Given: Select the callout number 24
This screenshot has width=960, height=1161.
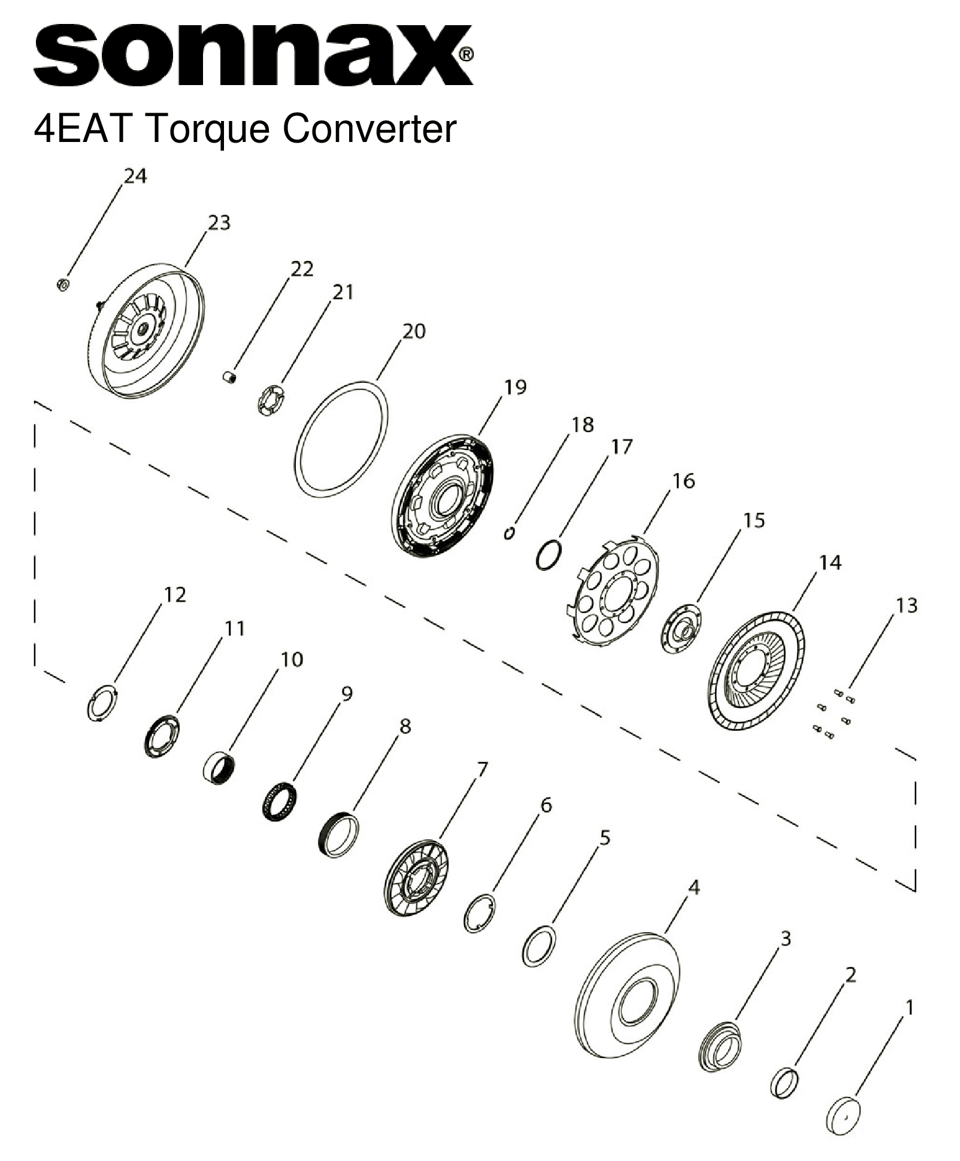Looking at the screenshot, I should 135,176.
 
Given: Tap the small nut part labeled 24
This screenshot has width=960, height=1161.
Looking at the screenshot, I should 62,284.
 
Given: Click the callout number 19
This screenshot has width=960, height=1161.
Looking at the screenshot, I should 514,387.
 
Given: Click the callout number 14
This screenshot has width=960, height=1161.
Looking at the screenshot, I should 830,562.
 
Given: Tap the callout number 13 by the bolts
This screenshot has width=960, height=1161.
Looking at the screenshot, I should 906,605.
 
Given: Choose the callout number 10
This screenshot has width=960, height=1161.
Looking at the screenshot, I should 292,659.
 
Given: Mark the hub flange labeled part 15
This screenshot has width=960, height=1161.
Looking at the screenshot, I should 682,629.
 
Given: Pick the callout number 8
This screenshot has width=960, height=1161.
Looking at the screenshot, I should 405,727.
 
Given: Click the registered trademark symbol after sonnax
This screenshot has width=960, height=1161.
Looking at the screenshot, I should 467,55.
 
